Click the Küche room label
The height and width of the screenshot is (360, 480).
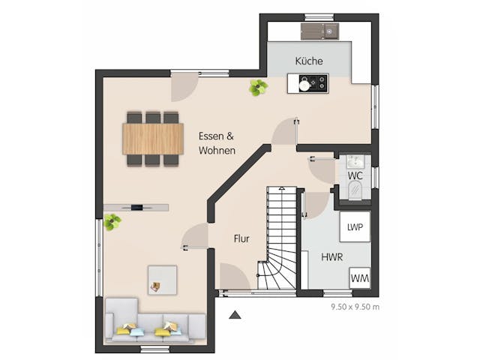coord(309,61)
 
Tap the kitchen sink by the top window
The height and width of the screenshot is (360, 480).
coord(320,31)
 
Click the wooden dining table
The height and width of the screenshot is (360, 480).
coord(153,139)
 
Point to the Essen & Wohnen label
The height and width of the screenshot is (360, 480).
coord(217,143)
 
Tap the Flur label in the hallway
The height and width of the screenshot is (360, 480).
coord(241,238)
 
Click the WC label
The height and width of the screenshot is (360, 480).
coord(355,175)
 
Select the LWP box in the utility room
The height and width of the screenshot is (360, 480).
coord(355,226)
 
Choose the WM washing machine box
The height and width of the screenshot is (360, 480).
coord(360,278)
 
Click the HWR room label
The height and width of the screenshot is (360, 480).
coord(331,257)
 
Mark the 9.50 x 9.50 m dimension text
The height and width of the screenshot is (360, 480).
coord(355,307)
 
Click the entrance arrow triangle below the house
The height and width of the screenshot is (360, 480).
coord(235,315)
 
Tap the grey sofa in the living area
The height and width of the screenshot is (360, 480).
coord(155,321)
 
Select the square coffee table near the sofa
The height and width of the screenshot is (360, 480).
coord(162,280)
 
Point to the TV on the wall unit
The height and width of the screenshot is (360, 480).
coord(136,208)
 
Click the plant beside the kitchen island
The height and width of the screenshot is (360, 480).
coord(258,88)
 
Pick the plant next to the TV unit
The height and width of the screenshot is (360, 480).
coord(112,222)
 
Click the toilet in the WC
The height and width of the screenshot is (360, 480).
coord(355,190)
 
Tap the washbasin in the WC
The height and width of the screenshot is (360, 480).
coord(355,161)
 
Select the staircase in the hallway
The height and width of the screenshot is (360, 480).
coord(277,238)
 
